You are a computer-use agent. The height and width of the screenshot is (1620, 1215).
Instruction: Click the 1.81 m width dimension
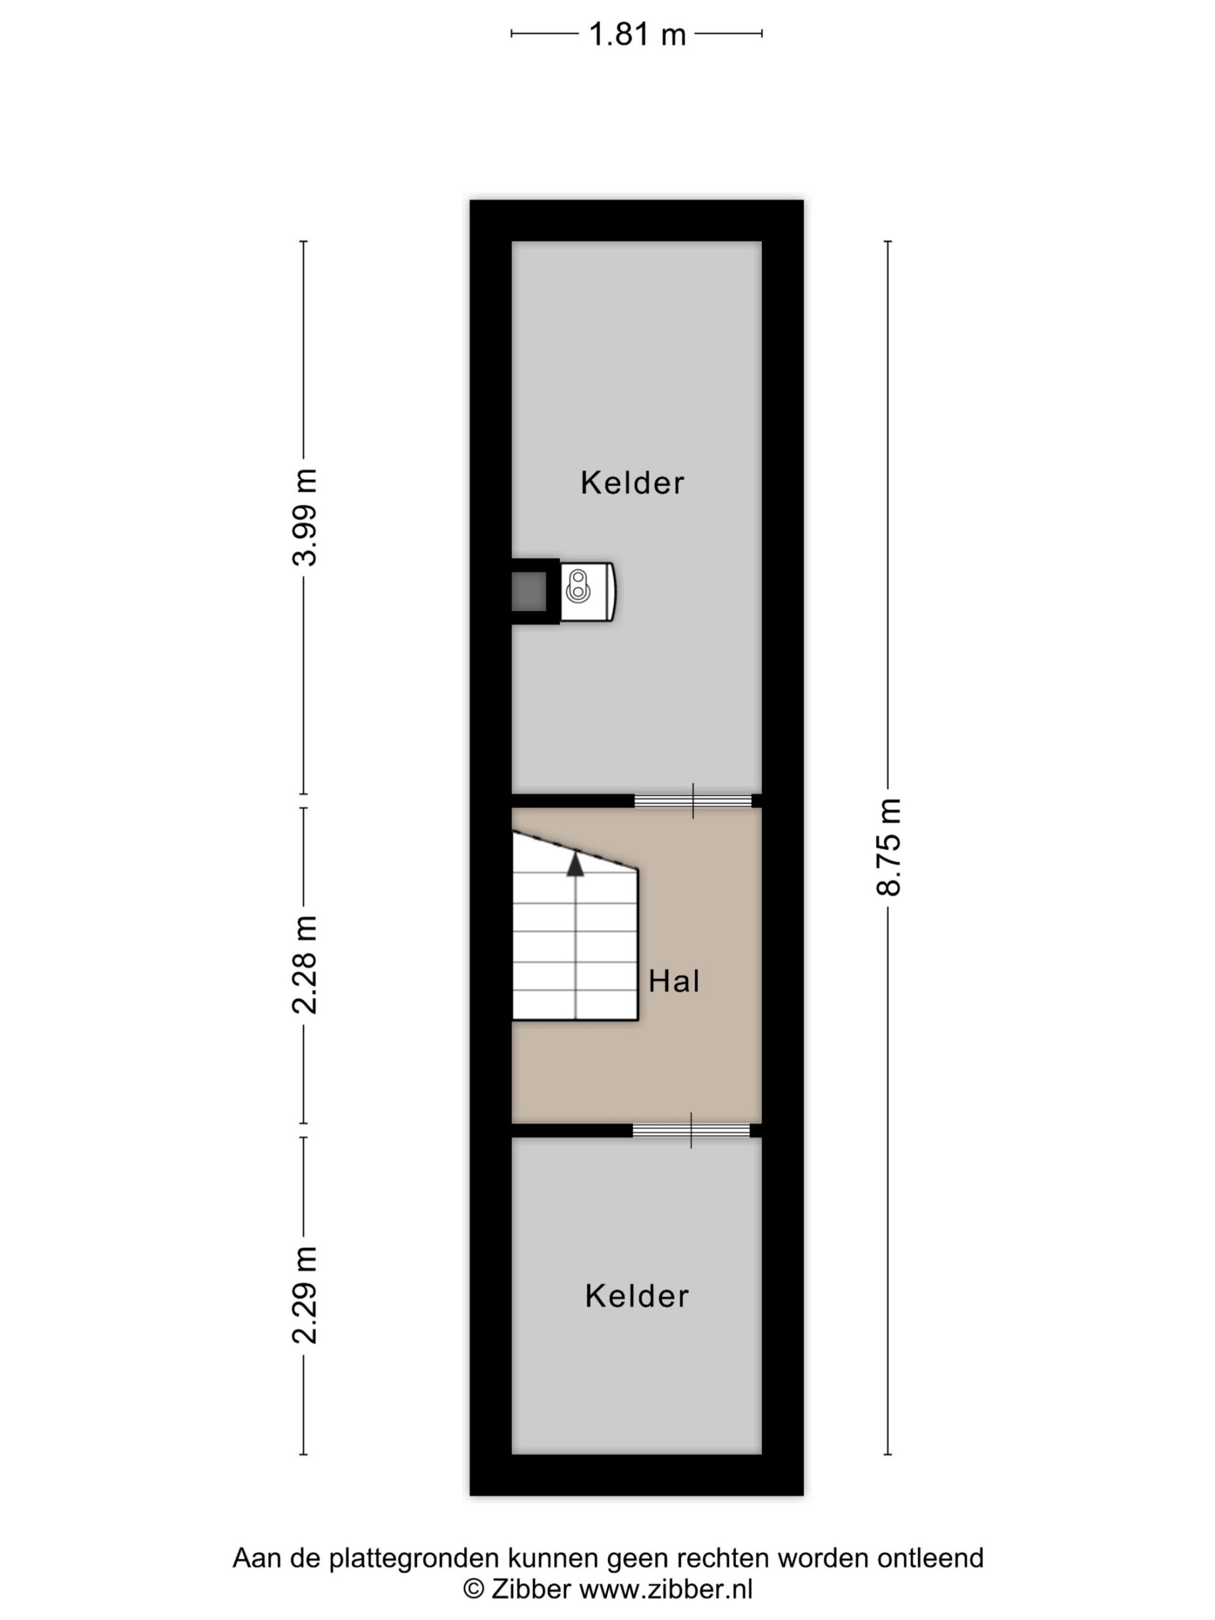pyautogui.click(x=637, y=34)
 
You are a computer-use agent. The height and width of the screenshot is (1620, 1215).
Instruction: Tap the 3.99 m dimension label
pyautogui.click(x=304, y=517)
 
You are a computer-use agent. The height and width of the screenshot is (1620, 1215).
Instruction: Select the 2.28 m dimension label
pyautogui.click(x=304, y=965)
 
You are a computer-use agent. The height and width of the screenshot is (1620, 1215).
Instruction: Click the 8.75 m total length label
pyautogui.click(x=888, y=847)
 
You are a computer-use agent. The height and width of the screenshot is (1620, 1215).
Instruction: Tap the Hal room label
pyautogui.click(x=674, y=981)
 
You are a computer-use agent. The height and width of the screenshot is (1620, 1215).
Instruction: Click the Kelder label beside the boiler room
pyautogui.click(x=633, y=483)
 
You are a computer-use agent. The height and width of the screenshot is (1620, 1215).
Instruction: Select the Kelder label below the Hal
pyautogui.click(x=637, y=1296)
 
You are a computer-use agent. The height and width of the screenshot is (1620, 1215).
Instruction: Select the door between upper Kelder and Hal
pyautogui.click(x=693, y=801)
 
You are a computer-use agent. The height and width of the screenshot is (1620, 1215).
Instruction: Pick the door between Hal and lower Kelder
pyautogui.click(x=692, y=1130)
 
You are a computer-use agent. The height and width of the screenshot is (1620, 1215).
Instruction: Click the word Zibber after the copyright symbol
pyautogui.click(x=531, y=1588)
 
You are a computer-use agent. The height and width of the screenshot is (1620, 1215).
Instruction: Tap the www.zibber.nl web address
pyautogui.click(x=666, y=1588)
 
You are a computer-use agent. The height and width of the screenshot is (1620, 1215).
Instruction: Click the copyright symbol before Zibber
pyautogui.click(x=474, y=1589)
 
